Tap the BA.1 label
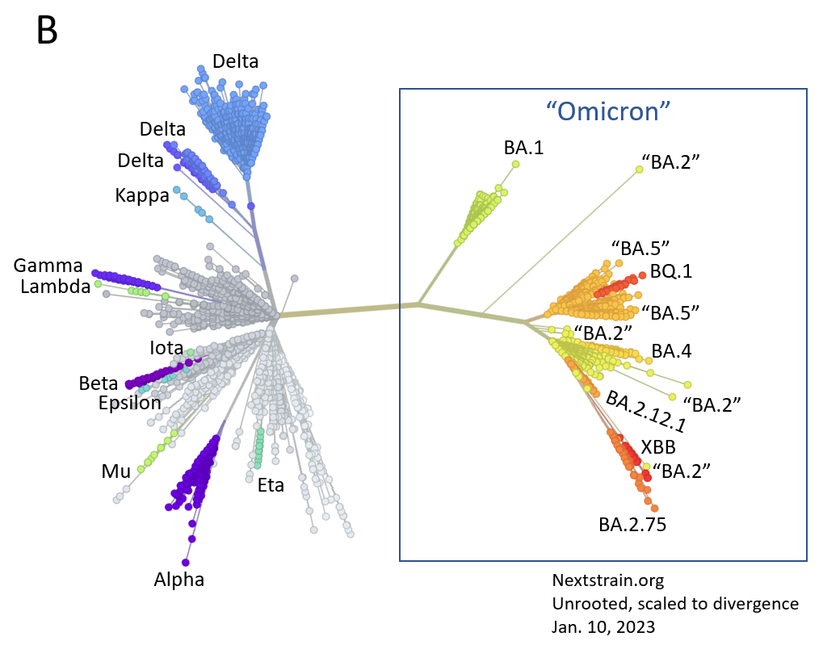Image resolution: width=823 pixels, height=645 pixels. click(523, 148)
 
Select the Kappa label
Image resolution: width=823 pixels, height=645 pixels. click(142, 195)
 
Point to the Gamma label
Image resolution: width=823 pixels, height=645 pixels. click(48, 266)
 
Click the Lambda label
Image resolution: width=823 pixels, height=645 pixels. click(55, 286)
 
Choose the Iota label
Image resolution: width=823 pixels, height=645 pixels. click(167, 349)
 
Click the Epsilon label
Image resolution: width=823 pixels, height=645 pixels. click(129, 402)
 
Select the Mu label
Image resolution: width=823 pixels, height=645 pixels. click(115, 471)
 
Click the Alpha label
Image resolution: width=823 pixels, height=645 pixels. click(179, 579)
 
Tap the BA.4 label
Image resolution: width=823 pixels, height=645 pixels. click(671, 351)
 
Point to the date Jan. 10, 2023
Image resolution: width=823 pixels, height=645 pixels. click(603, 626)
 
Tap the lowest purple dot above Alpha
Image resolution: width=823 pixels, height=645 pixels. click(186, 562)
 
